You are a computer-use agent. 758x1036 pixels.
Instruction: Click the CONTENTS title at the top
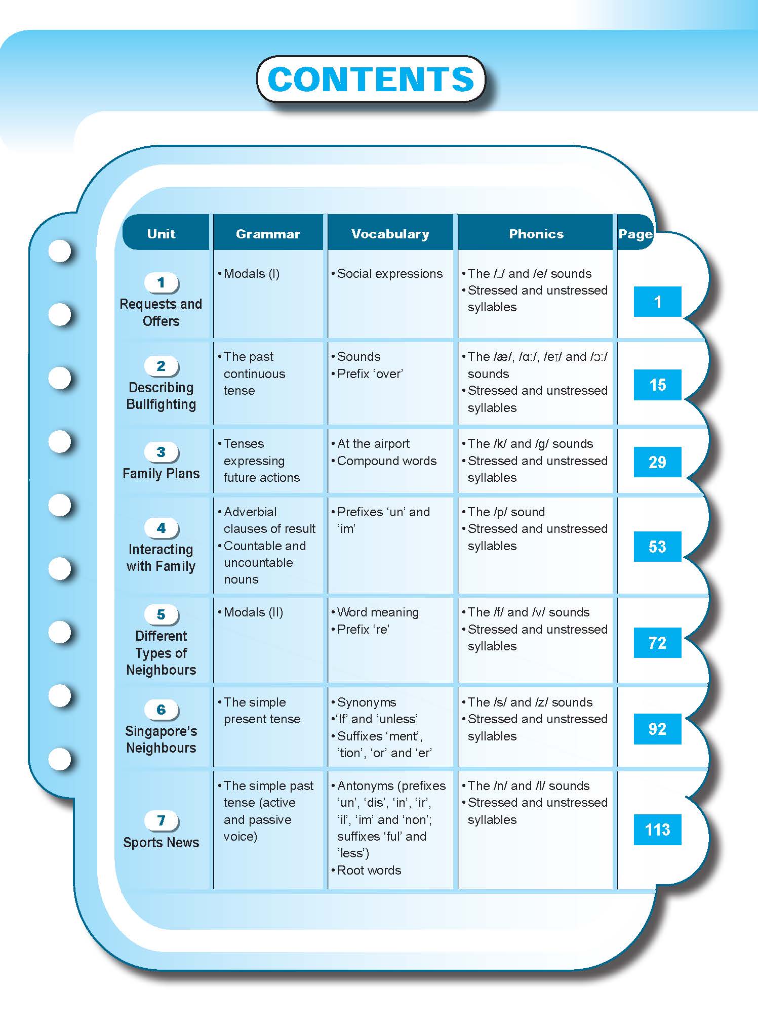point(371,79)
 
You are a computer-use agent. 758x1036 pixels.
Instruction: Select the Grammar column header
point(268,234)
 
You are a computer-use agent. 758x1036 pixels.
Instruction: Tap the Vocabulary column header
point(390,234)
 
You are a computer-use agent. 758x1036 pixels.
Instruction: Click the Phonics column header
point(536,234)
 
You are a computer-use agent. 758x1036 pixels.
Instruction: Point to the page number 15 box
point(657,385)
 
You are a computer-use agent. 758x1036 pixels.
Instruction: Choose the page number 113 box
point(657,830)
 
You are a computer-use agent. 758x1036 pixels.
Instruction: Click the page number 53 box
point(657,547)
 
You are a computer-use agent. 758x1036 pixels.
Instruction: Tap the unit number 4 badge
point(161,528)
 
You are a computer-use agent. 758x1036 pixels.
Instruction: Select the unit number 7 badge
point(161,820)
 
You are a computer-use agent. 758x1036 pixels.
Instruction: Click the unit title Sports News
point(161,843)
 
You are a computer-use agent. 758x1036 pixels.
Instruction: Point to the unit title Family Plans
point(161,474)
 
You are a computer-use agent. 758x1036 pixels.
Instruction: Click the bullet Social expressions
point(389,274)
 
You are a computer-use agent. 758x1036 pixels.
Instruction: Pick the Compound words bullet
point(386,461)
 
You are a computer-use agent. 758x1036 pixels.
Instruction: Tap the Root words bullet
point(369,871)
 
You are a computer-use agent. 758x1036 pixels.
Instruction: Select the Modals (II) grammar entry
point(253,612)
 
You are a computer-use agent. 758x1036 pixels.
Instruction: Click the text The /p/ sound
point(506,512)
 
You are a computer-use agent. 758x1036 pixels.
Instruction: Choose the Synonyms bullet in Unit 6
point(366,702)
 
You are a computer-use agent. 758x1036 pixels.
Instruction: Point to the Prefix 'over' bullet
point(370,374)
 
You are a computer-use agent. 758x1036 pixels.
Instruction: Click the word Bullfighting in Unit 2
point(161,404)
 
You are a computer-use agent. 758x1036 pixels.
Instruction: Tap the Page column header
point(635,234)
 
